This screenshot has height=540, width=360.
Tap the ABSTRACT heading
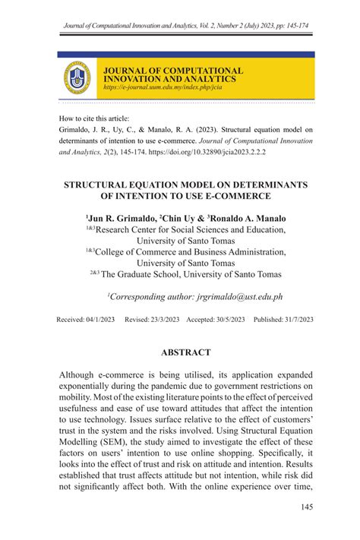click(x=186, y=352)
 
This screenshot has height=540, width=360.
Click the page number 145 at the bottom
click(x=306, y=507)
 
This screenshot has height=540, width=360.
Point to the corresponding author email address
click(x=239, y=297)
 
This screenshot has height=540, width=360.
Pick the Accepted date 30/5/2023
click(x=231, y=320)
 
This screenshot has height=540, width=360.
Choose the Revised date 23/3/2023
click(x=164, y=320)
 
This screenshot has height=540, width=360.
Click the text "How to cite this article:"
click(x=93, y=118)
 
